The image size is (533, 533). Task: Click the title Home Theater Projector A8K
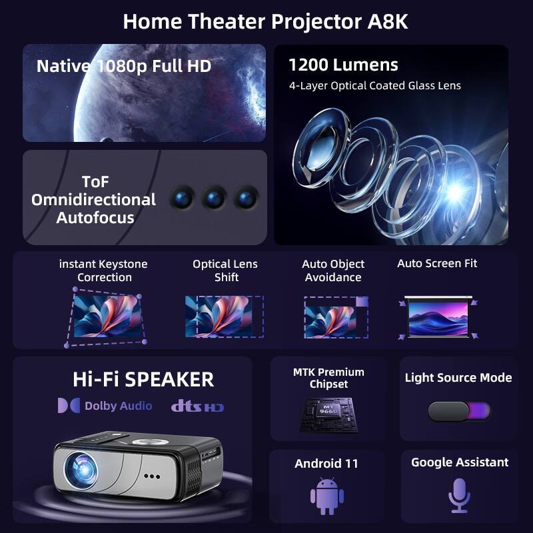[265, 21]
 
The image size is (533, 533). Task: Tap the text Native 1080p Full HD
[124, 66]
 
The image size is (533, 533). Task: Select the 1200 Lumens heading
[343, 65]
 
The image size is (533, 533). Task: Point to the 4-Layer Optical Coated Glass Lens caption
[374, 85]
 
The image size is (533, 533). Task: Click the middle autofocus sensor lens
[214, 197]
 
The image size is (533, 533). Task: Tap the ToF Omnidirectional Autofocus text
[93, 200]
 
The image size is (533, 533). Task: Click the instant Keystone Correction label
[103, 270]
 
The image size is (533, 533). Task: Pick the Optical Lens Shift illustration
[225, 316]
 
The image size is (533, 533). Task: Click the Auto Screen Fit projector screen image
[438, 315]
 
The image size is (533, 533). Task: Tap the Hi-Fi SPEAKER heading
[143, 379]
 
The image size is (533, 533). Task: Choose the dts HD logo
[197, 406]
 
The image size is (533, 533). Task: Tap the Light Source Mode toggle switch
[459, 411]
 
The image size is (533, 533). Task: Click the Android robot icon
[326, 496]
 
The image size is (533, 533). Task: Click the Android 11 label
[326, 463]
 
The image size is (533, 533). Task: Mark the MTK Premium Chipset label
[328, 378]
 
